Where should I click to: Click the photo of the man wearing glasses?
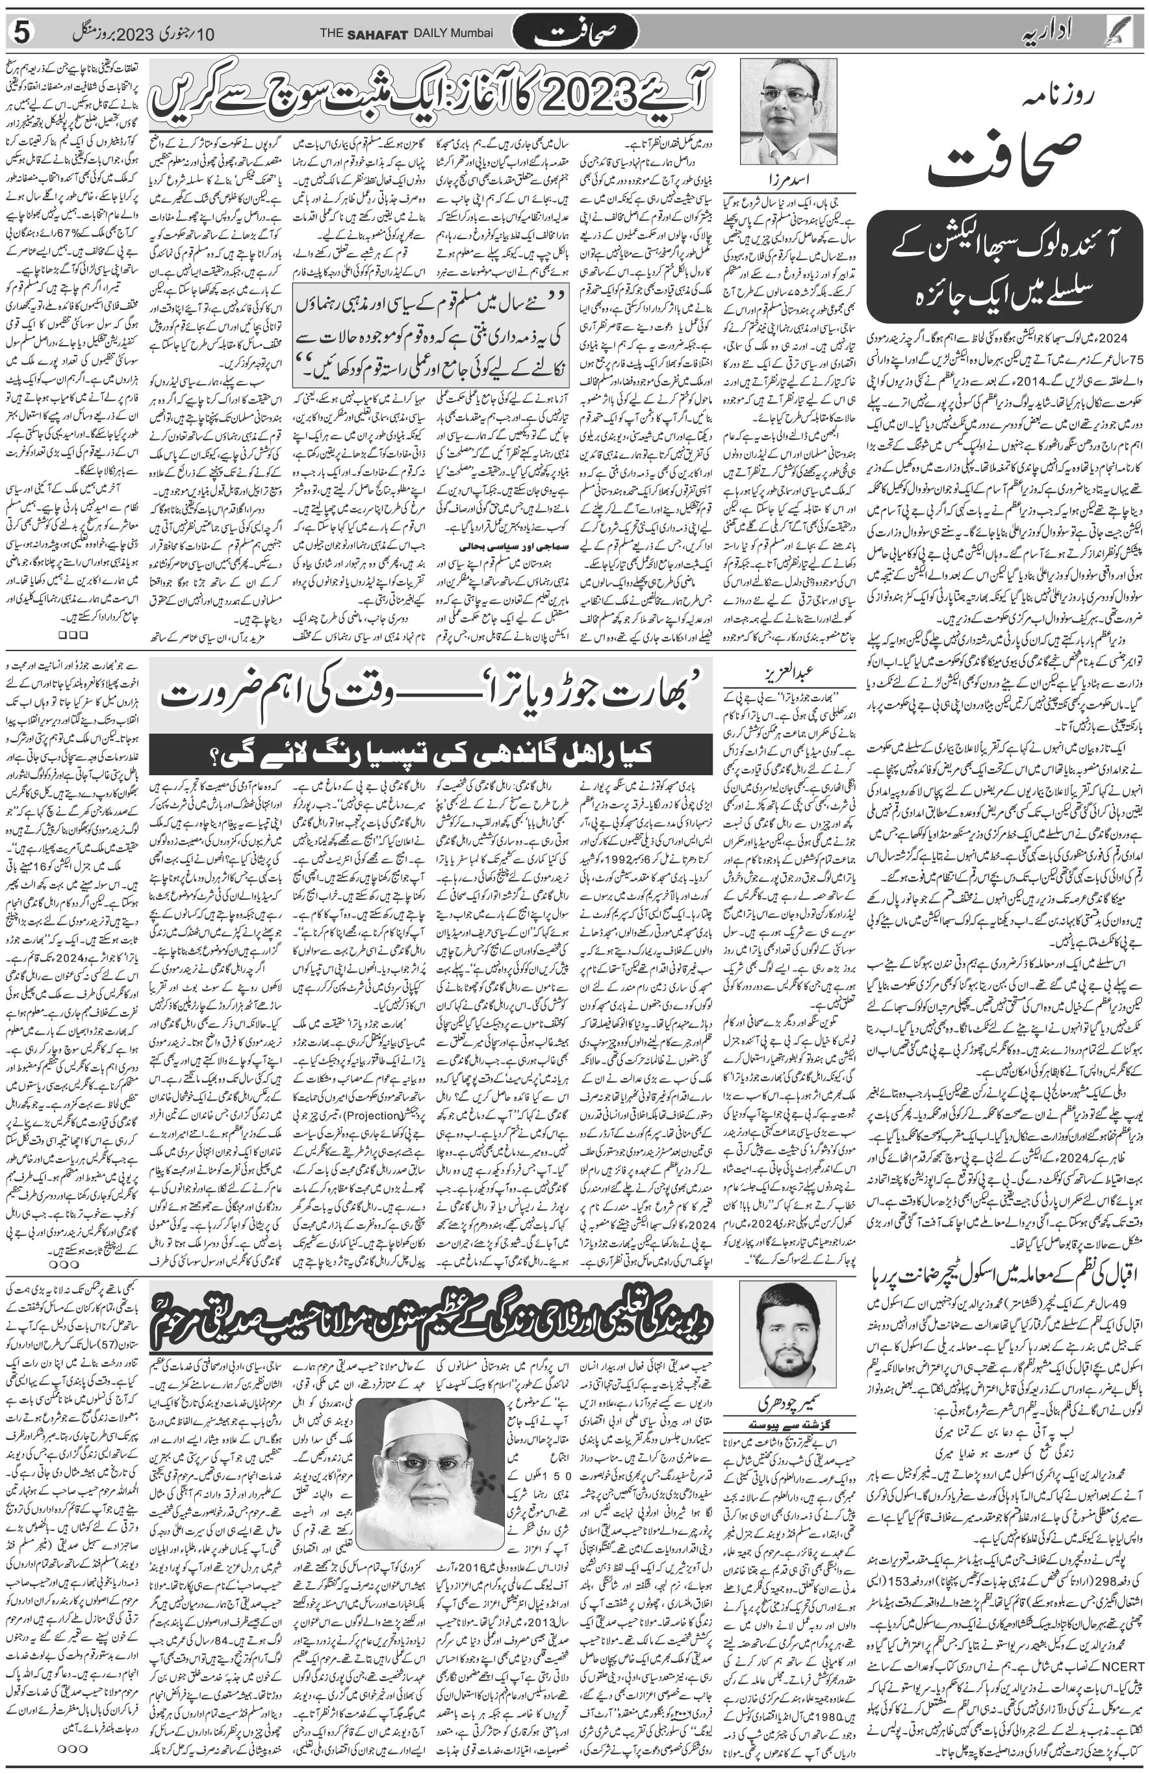pos(789,110)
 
